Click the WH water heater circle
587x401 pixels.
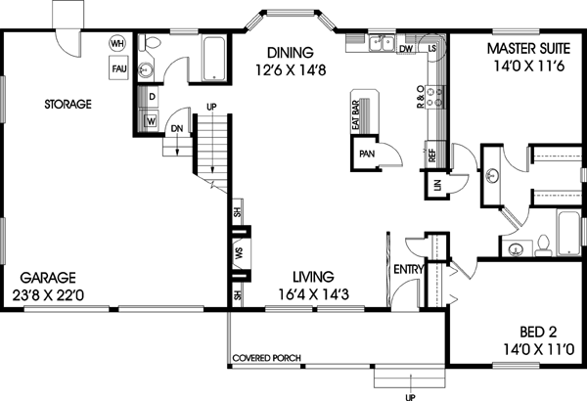[x=117, y=43]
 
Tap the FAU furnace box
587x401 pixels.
[x=117, y=67]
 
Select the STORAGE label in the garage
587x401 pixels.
[x=68, y=103]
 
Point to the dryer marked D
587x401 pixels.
[x=153, y=98]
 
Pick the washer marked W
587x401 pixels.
[x=152, y=120]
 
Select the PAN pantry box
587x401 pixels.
[x=367, y=154]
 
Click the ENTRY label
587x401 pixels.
[x=407, y=269]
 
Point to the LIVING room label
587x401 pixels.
[x=305, y=284]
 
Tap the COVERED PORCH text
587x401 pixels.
[x=266, y=358]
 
